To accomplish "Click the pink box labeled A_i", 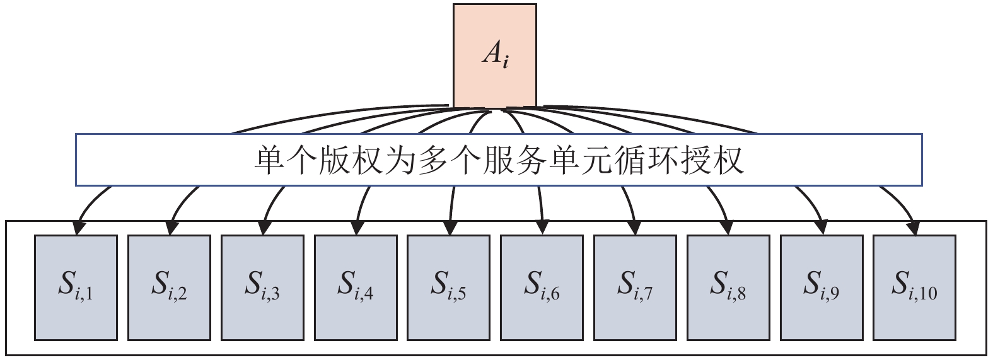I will click(x=495, y=55).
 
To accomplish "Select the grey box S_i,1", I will click(x=76, y=287).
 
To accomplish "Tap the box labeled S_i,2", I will click(x=169, y=287).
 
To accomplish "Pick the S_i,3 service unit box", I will click(x=262, y=287).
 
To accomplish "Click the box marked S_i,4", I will click(x=356, y=287).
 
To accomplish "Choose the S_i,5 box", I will click(x=448, y=287).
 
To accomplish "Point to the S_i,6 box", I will click(x=542, y=287).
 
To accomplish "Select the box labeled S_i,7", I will click(x=635, y=287).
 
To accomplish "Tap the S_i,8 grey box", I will click(x=728, y=287).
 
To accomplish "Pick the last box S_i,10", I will click(x=914, y=287).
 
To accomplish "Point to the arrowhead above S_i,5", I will click(x=450, y=226).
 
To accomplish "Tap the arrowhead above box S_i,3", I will click(x=264, y=226).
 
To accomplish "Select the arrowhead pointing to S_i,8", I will click(x=728, y=226).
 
